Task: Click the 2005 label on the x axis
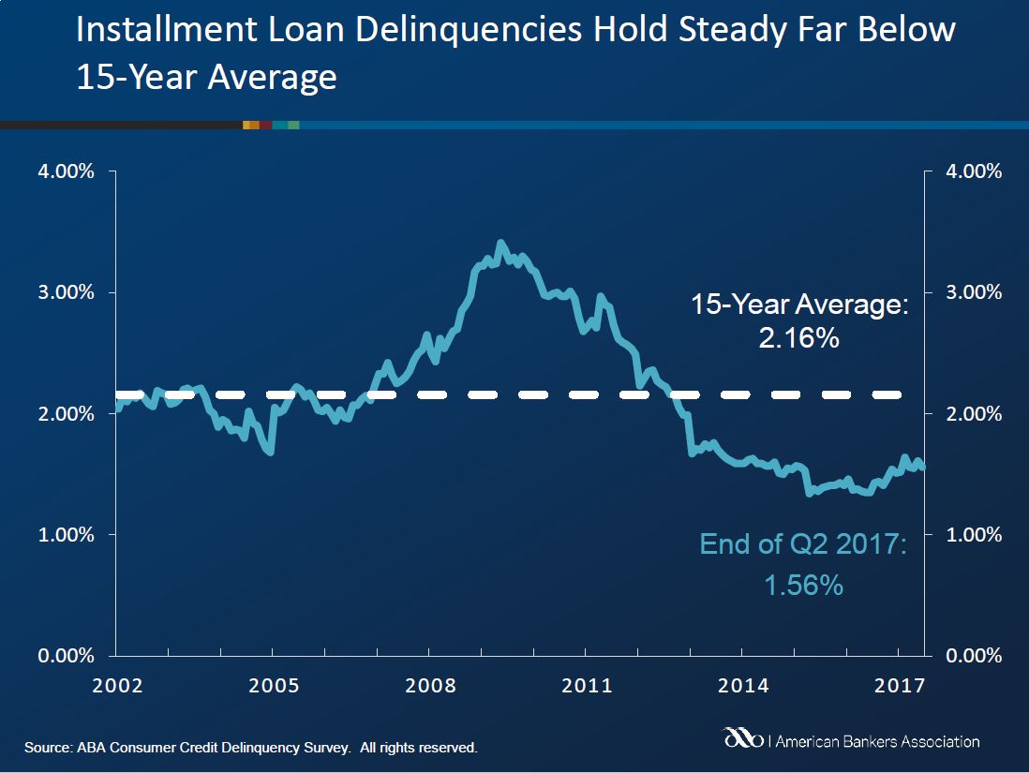pyautogui.click(x=273, y=685)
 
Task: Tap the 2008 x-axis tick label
pyautogui.click(x=430, y=685)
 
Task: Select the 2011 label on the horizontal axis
pyautogui.click(x=587, y=685)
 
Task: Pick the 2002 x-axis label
pyautogui.click(x=116, y=685)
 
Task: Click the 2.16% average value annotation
pyautogui.click(x=798, y=337)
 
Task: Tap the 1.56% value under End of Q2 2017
pyautogui.click(x=803, y=586)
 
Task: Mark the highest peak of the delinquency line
pyautogui.click(x=500, y=243)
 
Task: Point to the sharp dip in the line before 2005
pyautogui.click(x=270, y=453)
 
